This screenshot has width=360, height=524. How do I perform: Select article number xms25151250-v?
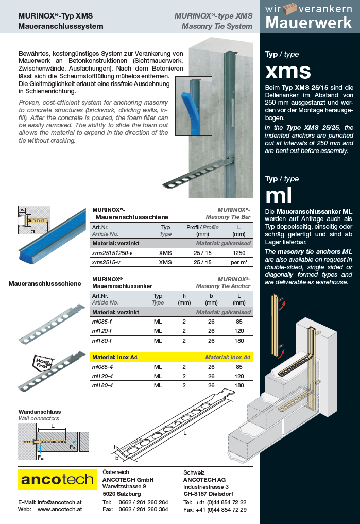click(112, 253)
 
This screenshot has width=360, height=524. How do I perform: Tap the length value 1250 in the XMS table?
click(239, 253)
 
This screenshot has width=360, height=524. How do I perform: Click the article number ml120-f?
click(102, 331)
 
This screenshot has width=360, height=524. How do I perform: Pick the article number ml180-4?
click(102, 385)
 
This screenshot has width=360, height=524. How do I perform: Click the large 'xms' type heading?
click(288, 71)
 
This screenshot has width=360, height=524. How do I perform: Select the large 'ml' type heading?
click(279, 196)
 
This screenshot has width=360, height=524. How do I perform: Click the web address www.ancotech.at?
click(60, 509)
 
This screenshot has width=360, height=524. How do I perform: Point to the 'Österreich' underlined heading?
click(116, 472)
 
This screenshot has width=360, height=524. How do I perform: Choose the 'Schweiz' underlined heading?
click(194, 472)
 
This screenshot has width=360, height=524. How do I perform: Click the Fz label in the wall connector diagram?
click(73, 447)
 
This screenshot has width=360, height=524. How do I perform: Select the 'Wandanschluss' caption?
click(40, 412)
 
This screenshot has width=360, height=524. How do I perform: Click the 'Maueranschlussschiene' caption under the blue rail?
click(44, 283)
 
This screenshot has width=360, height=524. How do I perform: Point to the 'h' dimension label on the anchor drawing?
click(116, 447)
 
